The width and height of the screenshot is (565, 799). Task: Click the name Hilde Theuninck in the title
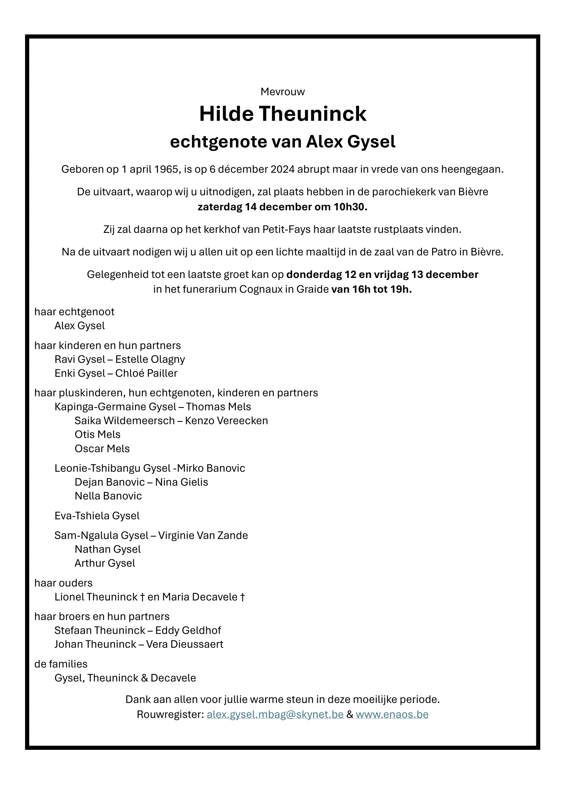pos(282,114)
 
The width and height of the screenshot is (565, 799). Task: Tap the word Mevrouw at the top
pos(282,92)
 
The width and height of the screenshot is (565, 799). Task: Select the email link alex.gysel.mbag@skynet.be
pos(275,715)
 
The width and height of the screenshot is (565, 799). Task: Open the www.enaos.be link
pos(392,715)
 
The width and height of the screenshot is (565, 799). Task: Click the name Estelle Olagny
pos(150,360)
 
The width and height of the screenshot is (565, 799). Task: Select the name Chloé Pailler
pos(146,373)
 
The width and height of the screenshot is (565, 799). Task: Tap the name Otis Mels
pos(97,435)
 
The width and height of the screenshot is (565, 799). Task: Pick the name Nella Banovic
pos(108,496)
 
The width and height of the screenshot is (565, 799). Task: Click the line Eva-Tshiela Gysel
pos(97,516)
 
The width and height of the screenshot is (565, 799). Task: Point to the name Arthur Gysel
pos(105,563)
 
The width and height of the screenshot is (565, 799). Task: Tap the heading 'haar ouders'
pos(63,583)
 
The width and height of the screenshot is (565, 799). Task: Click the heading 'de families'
pos(61,664)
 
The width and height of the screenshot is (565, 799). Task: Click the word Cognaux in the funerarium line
pos(261,289)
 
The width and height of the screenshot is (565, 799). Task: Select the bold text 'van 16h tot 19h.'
pos(371,289)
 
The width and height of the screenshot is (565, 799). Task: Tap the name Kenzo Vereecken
pos(226,421)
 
